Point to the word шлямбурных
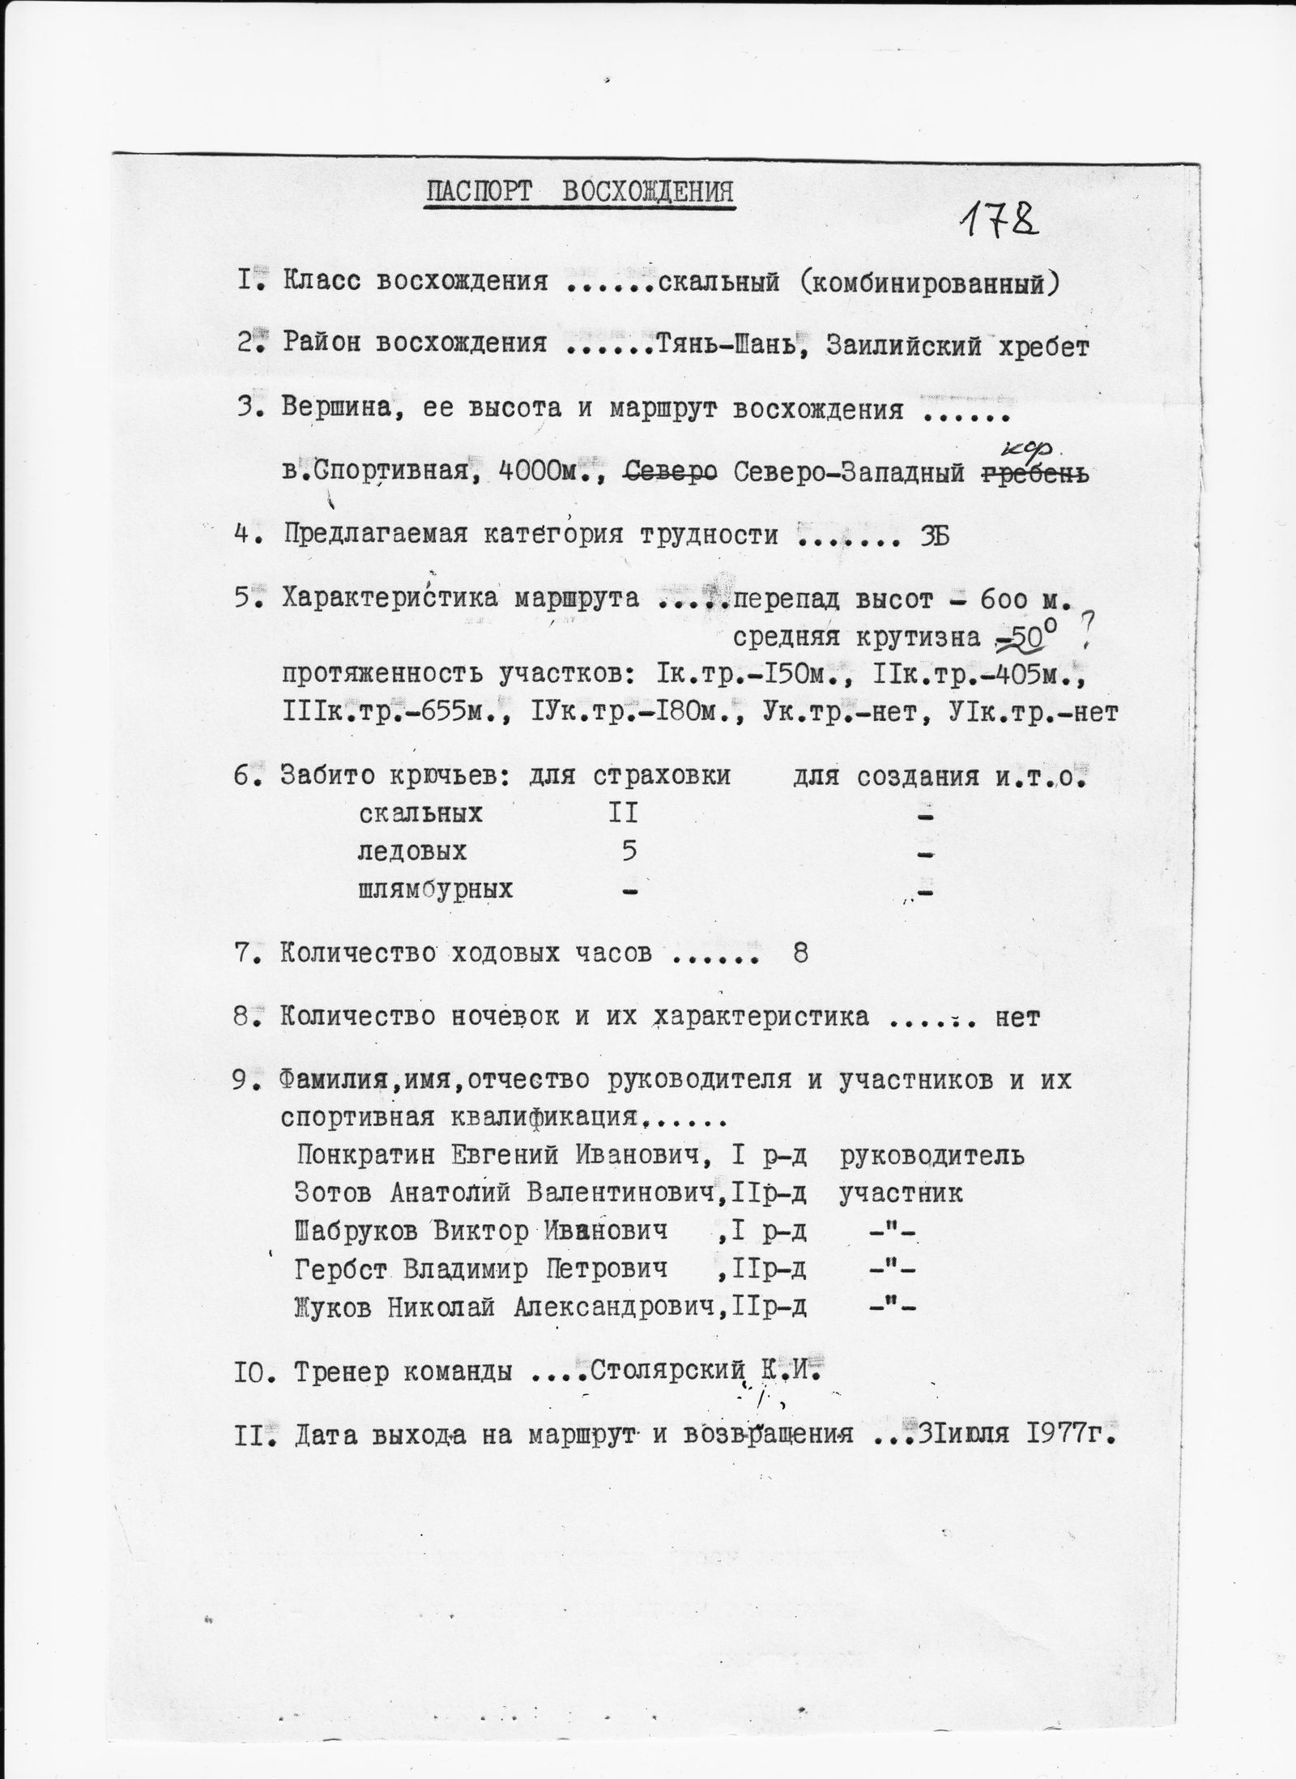(436, 890)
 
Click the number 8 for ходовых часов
(801, 953)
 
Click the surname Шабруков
(357, 1232)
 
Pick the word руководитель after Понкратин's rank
(932, 1154)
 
